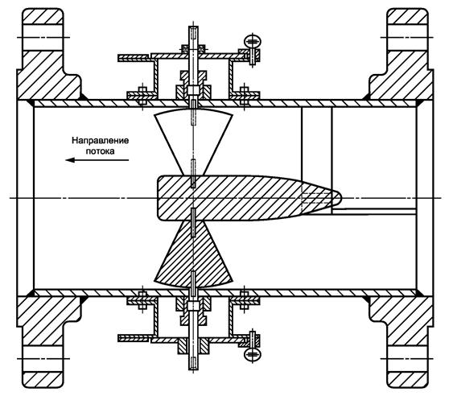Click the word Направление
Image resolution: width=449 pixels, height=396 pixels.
pyautogui.click(x=101, y=141)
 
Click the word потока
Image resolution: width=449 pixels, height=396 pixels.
pyautogui.click(x=101, y=151)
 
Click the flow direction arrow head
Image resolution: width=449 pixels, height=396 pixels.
pyautogui.click(x=70, y=160)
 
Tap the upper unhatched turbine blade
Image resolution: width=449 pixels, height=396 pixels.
pyautogui.click(x=193, y=141)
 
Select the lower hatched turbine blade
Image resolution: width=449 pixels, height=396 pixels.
pyautogui.click(x=193, y=254)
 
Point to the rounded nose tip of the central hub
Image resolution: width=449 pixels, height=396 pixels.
pyautogui.click(x=340, y=198)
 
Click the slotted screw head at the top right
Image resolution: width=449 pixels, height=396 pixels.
pyautogui.click(x=253, y=41)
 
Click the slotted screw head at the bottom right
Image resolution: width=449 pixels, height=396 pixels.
pyautogui.click(x=253, y=354)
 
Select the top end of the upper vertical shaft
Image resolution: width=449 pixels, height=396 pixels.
pyautogui.click(x=193, y=27)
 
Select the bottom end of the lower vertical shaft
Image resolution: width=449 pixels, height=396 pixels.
pyautogui.click(x=193, y=369)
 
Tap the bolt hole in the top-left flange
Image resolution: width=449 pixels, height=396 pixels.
pyautogui.click(x=43, y=38)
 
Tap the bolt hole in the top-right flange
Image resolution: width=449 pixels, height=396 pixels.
pyautogui.click(x=407, y=38)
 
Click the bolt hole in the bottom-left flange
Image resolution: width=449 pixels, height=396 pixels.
pyautogui.click(x=43, y=358)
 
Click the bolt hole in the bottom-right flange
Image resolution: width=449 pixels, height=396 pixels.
pyautogui.click(x=407, y=358)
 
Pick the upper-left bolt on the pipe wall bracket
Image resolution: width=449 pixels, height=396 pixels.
pyautogui.click(x=142, y=95)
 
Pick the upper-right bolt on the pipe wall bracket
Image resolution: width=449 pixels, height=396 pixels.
pyautogui.click(x=244, y=95)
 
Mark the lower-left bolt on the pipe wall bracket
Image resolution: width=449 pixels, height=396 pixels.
pyautogui.click(x=142, y=301)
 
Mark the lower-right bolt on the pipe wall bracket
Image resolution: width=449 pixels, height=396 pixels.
pyautogui.click(x=244, y=301)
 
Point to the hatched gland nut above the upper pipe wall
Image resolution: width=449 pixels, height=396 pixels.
pyautogui.click(x=193, y=85)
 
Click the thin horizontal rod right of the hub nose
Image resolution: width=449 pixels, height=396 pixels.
pyautogui.click(x=373, y=212)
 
